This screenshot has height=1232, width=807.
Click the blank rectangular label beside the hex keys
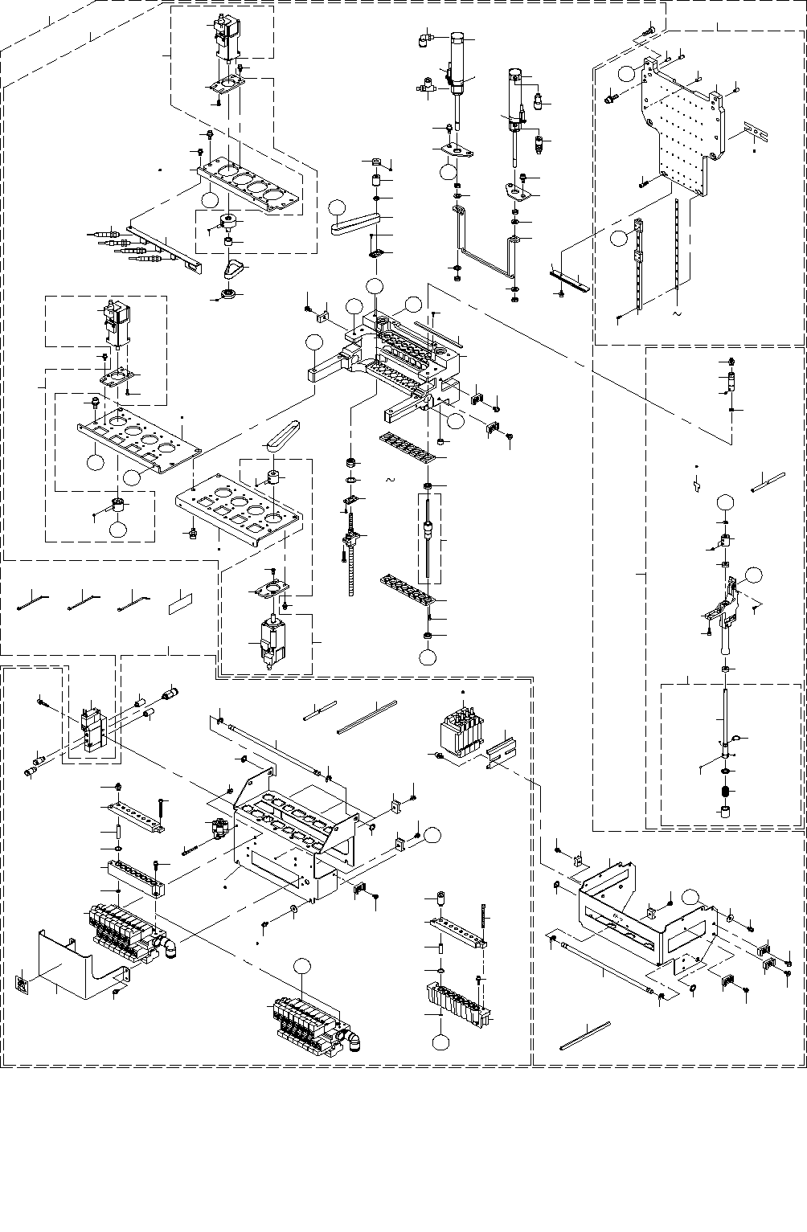click(x=180, y=604)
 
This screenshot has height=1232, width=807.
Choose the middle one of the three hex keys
click(x=84, y=599)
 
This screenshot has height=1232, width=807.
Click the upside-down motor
click(x=269, y=643)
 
